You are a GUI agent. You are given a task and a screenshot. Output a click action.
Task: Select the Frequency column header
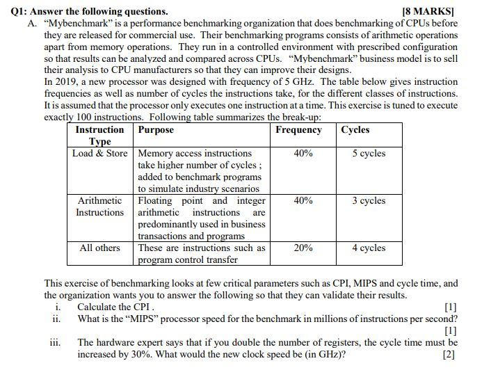pos(298,130)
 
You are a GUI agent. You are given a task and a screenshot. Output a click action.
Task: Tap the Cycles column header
pos(355,130)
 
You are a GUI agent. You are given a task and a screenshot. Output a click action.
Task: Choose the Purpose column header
pos(156,130)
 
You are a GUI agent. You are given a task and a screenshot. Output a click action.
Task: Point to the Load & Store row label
pos(100,153)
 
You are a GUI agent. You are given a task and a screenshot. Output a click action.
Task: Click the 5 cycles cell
pos(368,153)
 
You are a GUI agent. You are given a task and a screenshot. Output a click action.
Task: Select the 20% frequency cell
pos(303,248)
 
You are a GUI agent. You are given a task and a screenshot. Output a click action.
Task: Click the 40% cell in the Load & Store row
pos(303,153)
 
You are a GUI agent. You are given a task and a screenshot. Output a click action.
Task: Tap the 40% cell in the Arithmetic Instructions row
pos(303,200)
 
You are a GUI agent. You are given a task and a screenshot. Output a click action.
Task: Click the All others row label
pos(99,248)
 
